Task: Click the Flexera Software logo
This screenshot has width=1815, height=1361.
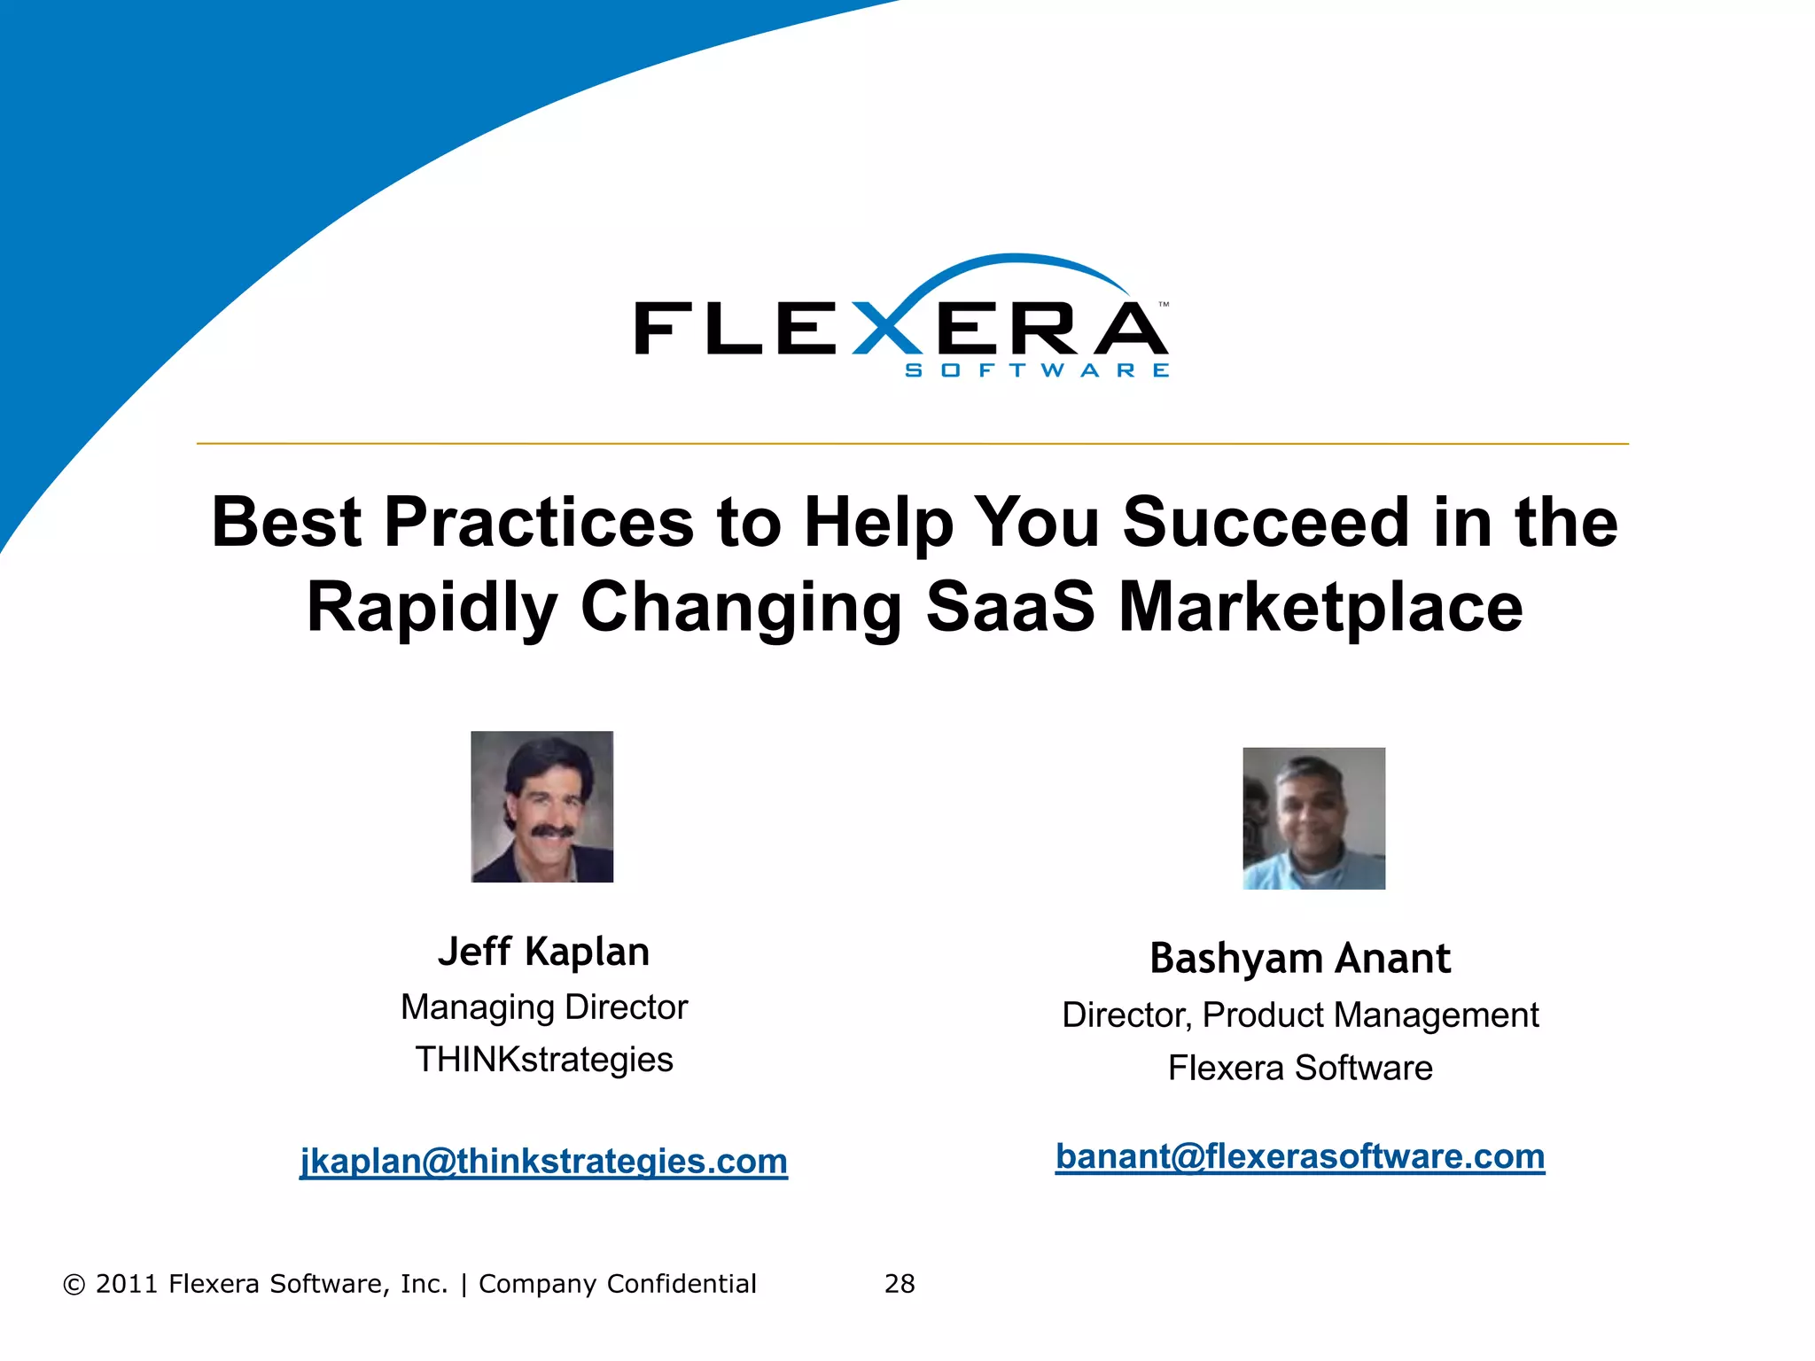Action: pyautogui.click(x=901, y=319)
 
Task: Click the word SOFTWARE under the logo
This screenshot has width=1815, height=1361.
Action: pyautogui.click(x=1037, y=370)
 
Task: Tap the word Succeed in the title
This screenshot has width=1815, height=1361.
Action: pyautogui.click(x=1266, y=523)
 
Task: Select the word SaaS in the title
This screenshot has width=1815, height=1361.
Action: pyautogui.click(x=1010, y=608)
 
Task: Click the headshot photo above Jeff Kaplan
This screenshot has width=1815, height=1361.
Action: pyautogui.click(x=541, y=806)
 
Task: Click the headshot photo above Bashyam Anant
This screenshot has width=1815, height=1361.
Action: pyautogui.click(x=1313, y=818)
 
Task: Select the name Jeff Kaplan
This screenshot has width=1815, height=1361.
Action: pyautogui.click(x=543, y=952)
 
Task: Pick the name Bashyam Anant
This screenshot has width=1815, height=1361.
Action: pyautogui.click(x=1300, y=959)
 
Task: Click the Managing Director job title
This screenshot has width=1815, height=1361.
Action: pyautogui.click(x=543, y=1007)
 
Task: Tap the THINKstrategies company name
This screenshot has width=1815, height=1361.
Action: pyautogui.click(x=543, y=1060)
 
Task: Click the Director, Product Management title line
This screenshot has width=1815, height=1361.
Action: pyautogui.click(x=1300, y=1015)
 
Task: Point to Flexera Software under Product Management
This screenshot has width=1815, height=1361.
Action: pyautogui.click(x=1300, y=1068)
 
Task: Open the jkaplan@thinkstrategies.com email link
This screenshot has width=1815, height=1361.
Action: pyautogui.click(x=543, y=1161)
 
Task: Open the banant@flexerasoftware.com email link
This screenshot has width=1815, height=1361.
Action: pyautogui.click(x=1300, y=1156)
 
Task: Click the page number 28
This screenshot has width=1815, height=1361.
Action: pyautogui.click(x=900, y=1284)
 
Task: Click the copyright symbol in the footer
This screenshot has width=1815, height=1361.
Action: pyautogui.click(x=74, y=1285)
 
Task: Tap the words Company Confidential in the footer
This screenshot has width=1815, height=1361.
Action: pyautogui.click(x=618, y=1284)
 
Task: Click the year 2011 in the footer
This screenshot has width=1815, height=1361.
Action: pyautogui.click(x=126, y=1284)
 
